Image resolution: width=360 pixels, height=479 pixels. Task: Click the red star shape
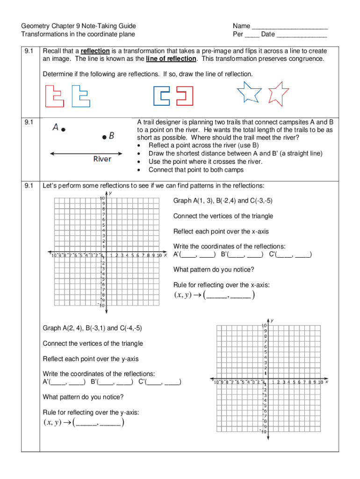point(279,93)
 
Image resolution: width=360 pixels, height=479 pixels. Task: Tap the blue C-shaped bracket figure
point(162,96)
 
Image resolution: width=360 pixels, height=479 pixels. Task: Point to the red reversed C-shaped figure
point(184,96)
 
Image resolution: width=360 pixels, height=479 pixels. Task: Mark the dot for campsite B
point(105,137)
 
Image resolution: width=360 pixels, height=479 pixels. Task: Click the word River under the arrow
point(102,160)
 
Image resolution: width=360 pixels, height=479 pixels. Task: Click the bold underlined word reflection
point(95,51)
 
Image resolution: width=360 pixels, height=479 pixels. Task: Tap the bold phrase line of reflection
point(171,59)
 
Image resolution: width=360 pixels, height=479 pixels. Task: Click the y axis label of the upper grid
point(110,193)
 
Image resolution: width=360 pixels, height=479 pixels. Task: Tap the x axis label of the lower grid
point(326,382)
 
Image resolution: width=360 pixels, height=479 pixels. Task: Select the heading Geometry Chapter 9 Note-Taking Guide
point(79,26)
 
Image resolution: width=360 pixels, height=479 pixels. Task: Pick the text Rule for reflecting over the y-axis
point(91,413)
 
